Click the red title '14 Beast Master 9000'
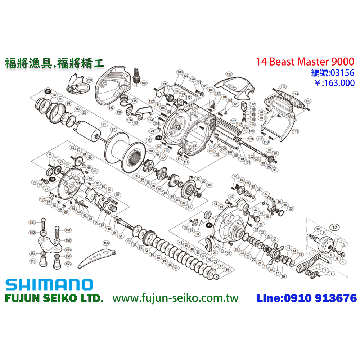click(x=305, y=62)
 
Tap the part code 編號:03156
click(x=332, y=73)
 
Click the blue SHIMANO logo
click(x=49, y=285)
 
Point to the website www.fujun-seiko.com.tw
click(x=175, y=298)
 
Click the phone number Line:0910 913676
click(x=306, y=298)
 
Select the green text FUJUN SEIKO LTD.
click(x=54, y=298)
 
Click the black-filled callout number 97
click(x=48, y=91)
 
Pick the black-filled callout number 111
click(x=158, y=138)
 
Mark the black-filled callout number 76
click(x=52, y=179)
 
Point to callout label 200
click(x=89, y=80)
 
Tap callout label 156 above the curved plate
click(x=106, y=243)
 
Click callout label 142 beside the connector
click(x=144, y=83)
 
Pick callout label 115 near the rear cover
click(x=296, y=131)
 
